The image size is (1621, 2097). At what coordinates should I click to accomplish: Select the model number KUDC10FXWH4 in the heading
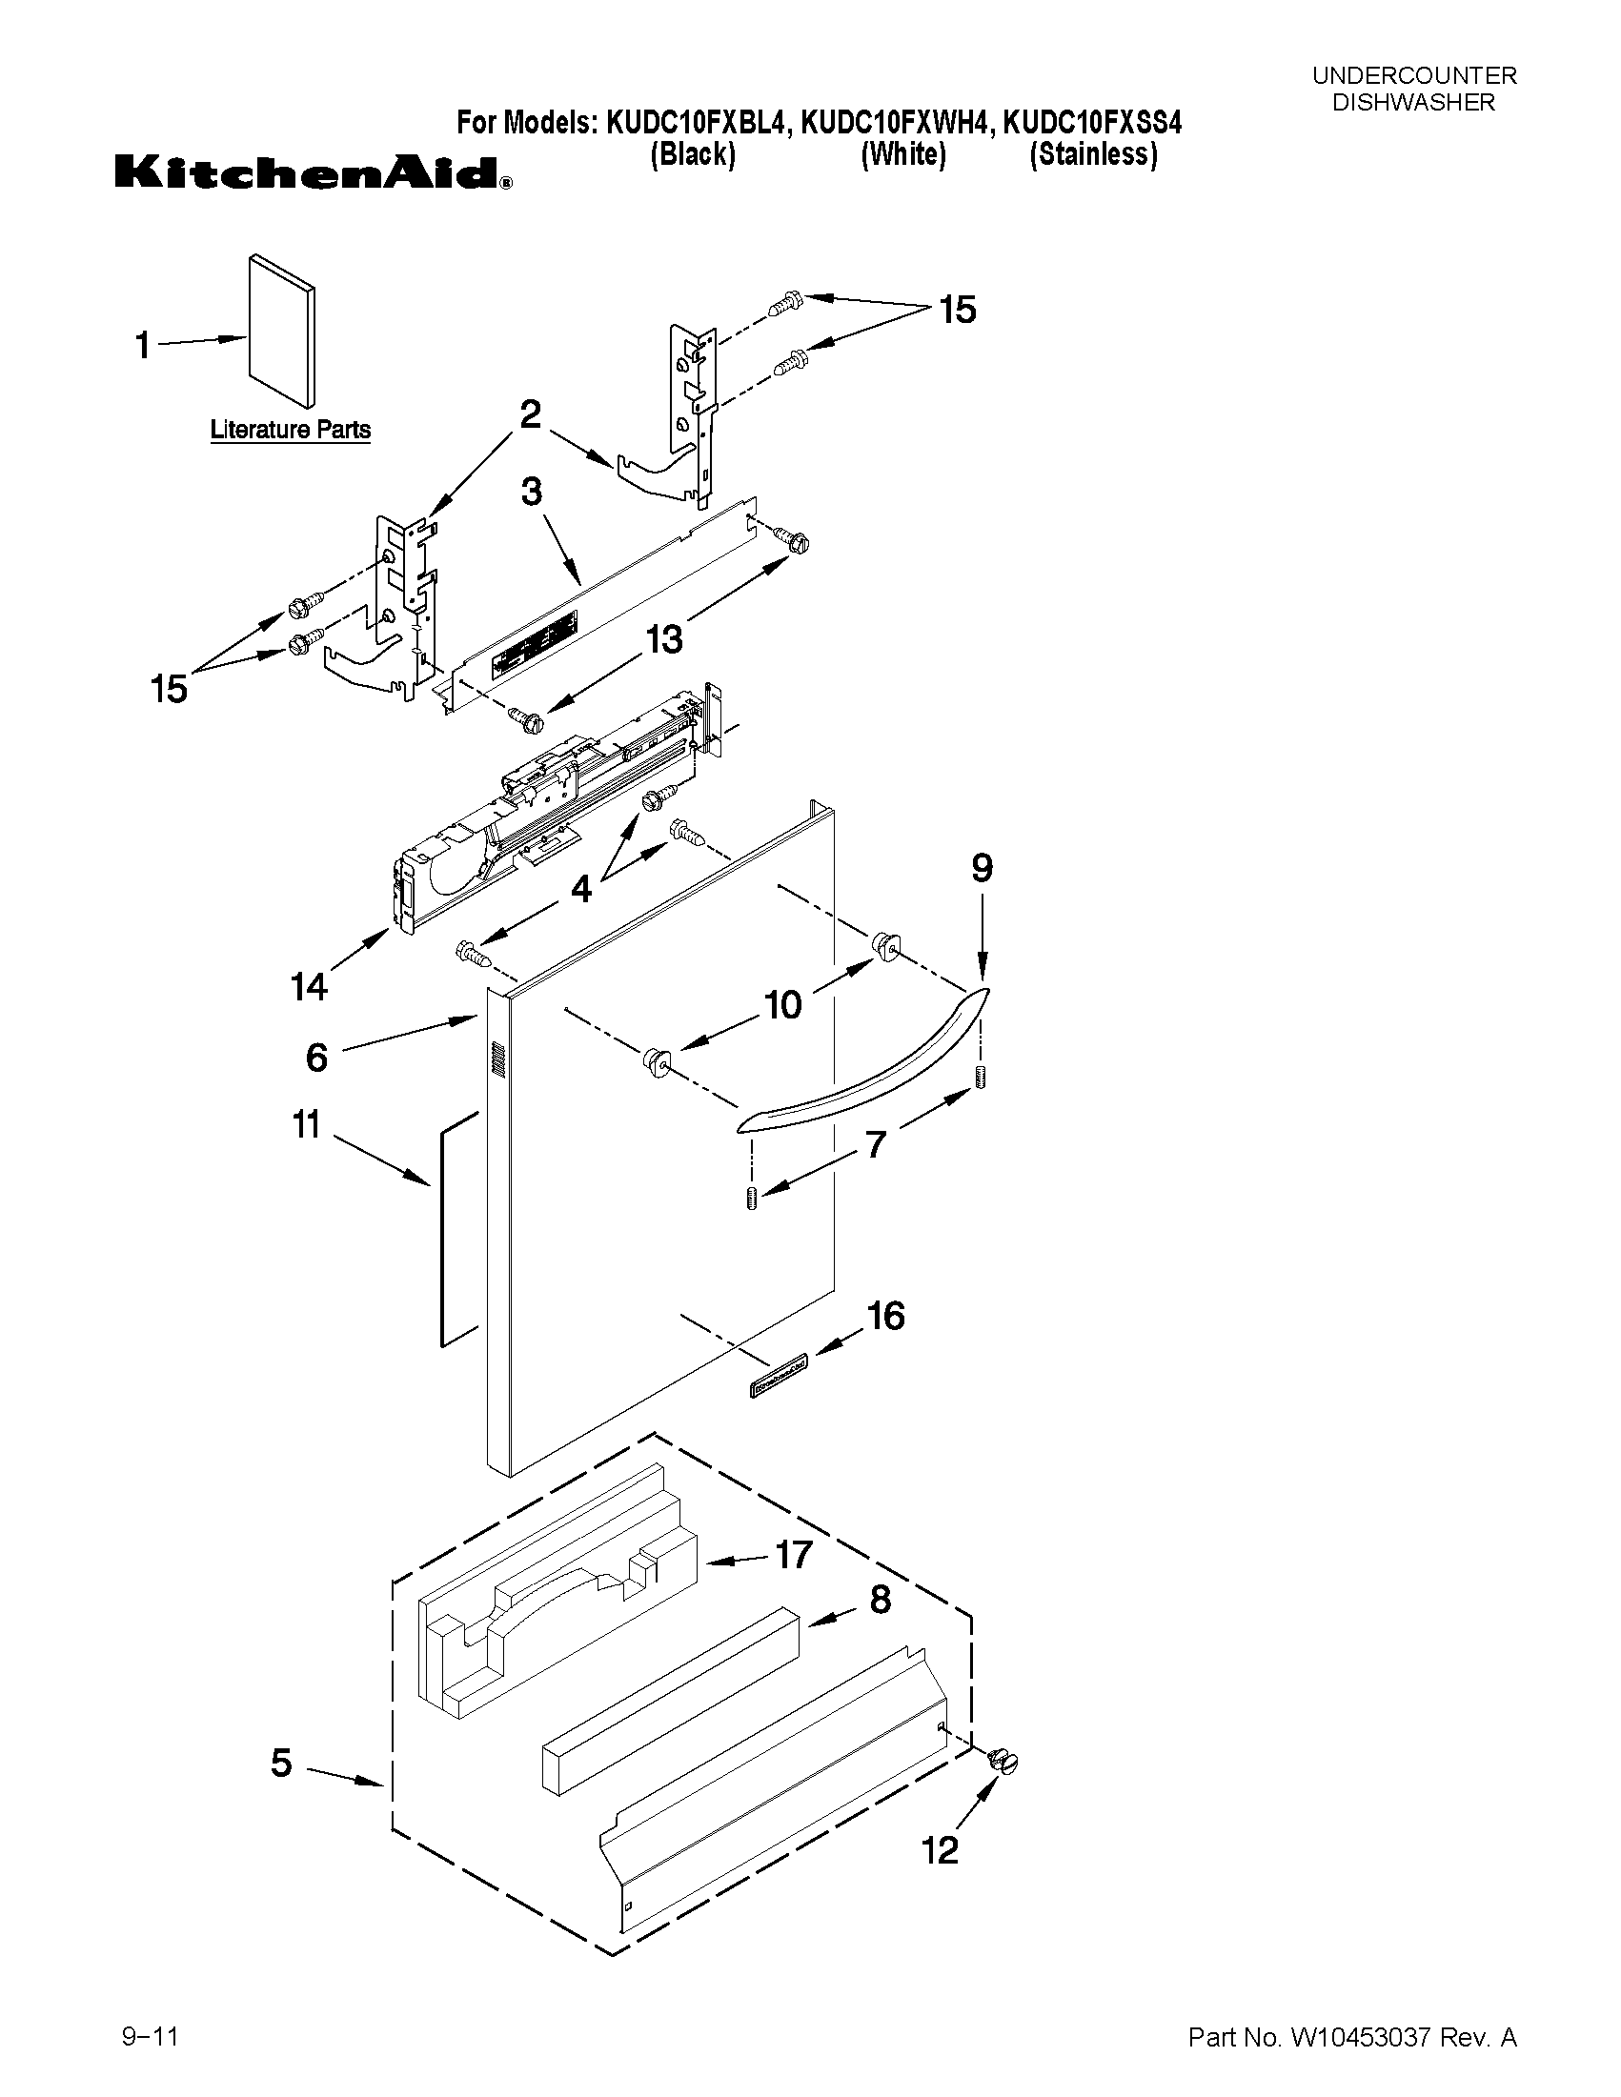(x=897, y=123)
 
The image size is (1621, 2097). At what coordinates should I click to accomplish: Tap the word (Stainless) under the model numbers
(x=1093, y=154)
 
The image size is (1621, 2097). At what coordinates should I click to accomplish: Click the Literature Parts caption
(x=290, y=429)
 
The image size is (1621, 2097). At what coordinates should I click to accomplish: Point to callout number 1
(x=143, y=345)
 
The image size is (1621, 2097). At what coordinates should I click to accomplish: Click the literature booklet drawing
(x=281, y=332)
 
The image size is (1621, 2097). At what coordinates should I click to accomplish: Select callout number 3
(x=531, y=492)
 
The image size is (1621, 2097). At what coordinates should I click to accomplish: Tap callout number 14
(x=309, y=986)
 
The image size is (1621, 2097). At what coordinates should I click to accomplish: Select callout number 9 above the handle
(x=982, y=868)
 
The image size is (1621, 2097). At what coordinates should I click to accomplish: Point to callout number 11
(x=305, y=1124)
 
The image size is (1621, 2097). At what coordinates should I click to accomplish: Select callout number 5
(x=280, y=1763)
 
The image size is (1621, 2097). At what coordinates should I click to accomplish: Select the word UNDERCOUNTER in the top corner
(x=1413, y=76)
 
